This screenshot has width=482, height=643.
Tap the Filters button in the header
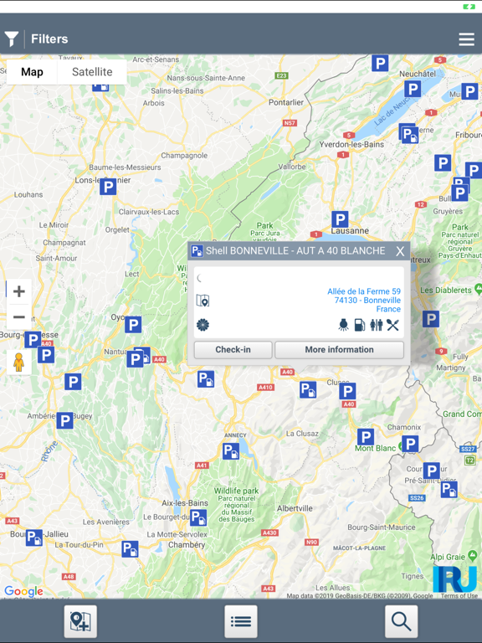click(37, 39)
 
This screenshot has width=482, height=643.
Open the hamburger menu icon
click(466, 39)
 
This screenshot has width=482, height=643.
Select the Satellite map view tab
click(92, 72)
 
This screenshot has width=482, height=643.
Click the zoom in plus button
click(19, 291)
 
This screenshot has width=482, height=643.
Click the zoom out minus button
click(19, 317)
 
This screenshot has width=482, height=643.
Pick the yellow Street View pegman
click(18, 362)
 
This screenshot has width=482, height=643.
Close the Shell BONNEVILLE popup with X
click(400, 251)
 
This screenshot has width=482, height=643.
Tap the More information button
click(339, 350)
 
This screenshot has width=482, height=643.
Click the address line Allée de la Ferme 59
click(363, 291)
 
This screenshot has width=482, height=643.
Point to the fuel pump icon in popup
click(359, 325)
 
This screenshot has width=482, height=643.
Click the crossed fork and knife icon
click(392, 325)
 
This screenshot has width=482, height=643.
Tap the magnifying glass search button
click(401, 621)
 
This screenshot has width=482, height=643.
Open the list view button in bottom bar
click(241, 621)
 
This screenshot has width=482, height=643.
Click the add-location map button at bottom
click(80, 621)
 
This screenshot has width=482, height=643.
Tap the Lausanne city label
click(350, 230)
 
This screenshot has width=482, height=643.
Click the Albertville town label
click(295, 508)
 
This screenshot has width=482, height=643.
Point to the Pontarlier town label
click(286, 102)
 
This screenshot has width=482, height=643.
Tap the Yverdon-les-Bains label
click(352, 144)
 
